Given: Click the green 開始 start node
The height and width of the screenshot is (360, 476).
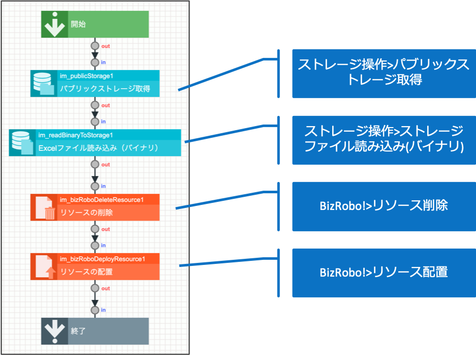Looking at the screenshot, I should pos(95,24).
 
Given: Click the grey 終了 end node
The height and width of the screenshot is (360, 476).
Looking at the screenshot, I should pos(95,331).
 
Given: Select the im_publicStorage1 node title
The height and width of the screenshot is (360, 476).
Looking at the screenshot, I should pos(86,76).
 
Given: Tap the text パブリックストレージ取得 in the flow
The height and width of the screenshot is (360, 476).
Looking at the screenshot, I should pos(105,89).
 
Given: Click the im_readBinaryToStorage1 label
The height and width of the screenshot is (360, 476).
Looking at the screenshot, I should pos(76,135).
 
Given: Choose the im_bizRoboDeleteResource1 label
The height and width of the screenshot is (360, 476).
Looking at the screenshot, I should pos(102,199).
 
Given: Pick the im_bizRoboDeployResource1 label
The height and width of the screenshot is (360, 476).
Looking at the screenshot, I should pos(102,259).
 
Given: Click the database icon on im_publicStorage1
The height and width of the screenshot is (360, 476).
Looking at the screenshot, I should pos(43,83).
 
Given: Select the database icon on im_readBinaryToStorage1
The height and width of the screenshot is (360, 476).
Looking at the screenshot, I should pos(22,142).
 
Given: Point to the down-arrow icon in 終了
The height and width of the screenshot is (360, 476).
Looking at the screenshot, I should pos(54,331).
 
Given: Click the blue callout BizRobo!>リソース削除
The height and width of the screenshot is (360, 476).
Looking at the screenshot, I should pos(384,206).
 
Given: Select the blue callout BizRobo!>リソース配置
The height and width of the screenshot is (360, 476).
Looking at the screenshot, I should pos(384,272).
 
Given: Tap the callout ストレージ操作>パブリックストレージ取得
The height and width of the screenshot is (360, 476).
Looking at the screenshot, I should pos(384,73).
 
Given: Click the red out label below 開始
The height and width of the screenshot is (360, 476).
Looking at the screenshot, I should pos(106,46).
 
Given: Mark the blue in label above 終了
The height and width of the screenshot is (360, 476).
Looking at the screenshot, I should pos(103,310).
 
